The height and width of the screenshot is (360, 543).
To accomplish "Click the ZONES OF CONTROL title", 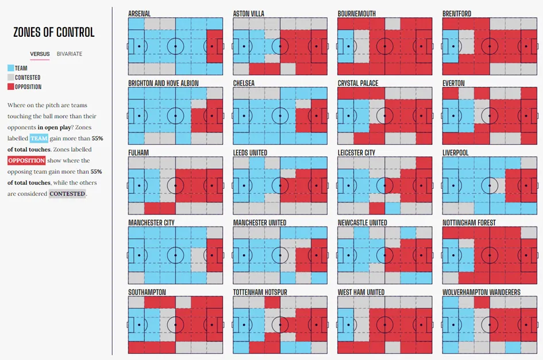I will (x=54, y=32).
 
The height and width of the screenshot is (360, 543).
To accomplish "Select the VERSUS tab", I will (x=40, y=54).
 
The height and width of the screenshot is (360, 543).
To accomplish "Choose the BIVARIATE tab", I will (x=70, y=54).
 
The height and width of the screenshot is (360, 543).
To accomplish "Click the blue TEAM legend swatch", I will (x=11, y=68).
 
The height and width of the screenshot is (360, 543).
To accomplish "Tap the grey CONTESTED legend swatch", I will (x=11, y=77).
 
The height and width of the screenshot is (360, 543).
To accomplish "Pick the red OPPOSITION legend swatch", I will (x=11, y=87).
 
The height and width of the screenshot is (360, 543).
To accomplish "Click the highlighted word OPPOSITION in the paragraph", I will (x=26, y=160).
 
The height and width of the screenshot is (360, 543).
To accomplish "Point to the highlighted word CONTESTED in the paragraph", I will (x=67, y=194).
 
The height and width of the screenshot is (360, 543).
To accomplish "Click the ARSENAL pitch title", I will (x=140, y=13).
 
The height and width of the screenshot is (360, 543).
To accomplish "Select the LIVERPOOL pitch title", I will (x=456, y=153).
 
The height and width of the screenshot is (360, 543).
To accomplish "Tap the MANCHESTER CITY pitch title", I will (x=152, y=223).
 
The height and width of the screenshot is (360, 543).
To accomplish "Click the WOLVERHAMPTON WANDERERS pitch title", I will (x=482, y=292).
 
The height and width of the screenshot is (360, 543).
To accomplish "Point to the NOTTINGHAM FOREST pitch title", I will (x=469, y=223).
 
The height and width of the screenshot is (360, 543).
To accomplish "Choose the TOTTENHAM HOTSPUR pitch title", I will (x=260, y=292).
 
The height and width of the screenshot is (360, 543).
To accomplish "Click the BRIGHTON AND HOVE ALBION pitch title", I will (x=164, y=83).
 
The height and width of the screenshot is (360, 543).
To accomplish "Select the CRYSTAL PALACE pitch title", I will (x=358, y=83).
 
